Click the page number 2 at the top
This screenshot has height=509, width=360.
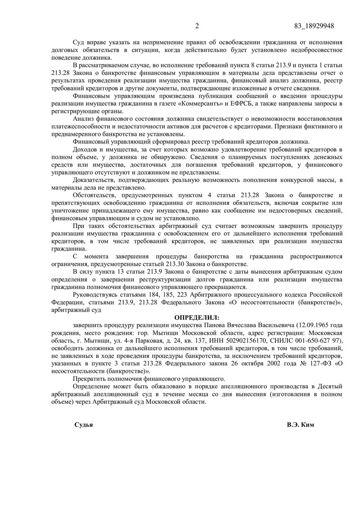(x=197, y=25)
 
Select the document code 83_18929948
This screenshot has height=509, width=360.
(x=313, y=25)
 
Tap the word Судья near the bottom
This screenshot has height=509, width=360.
(x=83, y=425)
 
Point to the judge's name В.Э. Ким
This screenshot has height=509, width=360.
(x=300, y=425)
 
